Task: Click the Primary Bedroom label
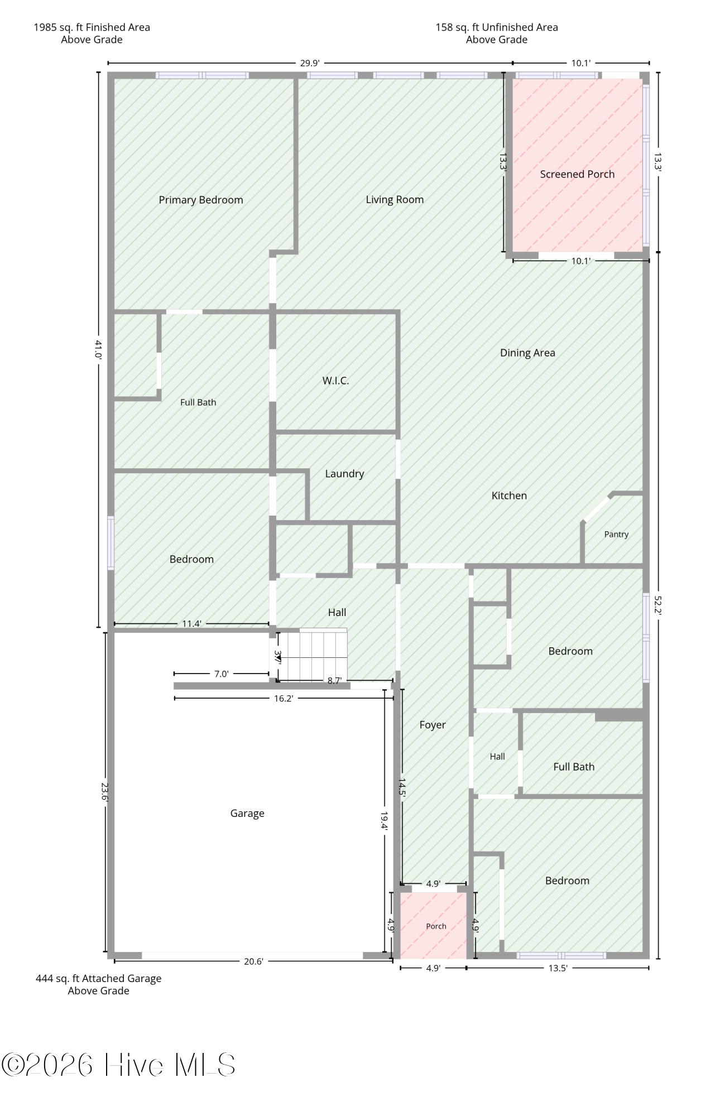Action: pyautogui.click(x=201, y=200)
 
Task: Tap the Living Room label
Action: pyautogui.click(x=395, y=200)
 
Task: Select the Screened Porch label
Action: pyautogui.click(x=577, y=174)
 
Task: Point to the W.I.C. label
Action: pyautogui.click(x=335, y=381)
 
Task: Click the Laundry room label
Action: pyautogui.click(x=344, y=474)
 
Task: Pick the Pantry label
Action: pyautogui.click(x=616, y=534)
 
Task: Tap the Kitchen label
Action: pyautogui.click(x=509, y=496)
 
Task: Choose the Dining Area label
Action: pyautogui.click(x=527, y=353)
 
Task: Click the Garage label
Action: pyautogui.click(x=247, y=814)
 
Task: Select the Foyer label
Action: pyautogui.click(x=433, y=725)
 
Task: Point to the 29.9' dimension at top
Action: pyautogui.click(x=310, y=63)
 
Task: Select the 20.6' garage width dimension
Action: pyautogui.click(x=253, y=961)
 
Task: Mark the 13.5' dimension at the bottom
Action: pyautogui.click(x=558, y=968)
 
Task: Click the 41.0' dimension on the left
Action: pyautogui.click(x=99, y=349)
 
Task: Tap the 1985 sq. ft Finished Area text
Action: pyautogui.click(x=92, y=27)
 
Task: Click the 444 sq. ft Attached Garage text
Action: pyautogui.click(x=98, y=978)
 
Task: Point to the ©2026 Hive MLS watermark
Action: pyautogui.click(x=118, y=1065)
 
